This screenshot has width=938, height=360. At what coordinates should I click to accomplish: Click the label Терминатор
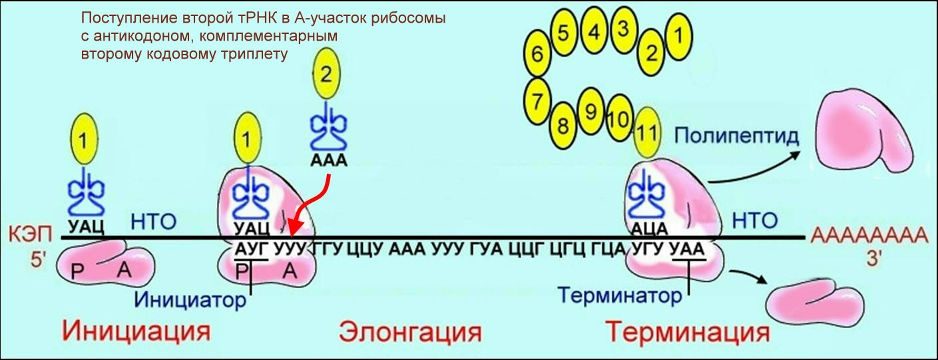tap(620, 294)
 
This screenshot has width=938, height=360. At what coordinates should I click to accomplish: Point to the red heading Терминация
tap(688, 331)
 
